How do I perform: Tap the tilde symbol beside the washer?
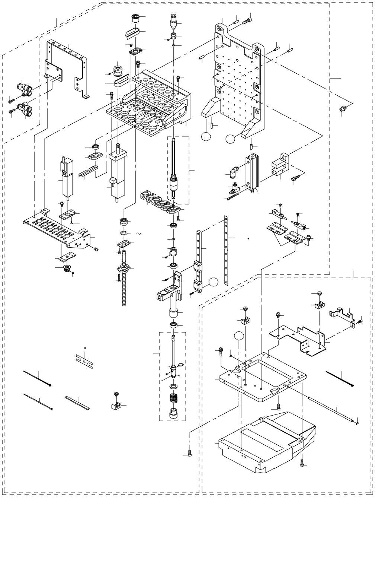click(138, 233)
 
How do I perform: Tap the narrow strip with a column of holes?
click(225, 250)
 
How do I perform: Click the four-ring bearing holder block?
click(158, 201)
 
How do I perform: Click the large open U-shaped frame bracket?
click(67, 67)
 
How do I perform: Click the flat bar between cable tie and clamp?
click(78, 403)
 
